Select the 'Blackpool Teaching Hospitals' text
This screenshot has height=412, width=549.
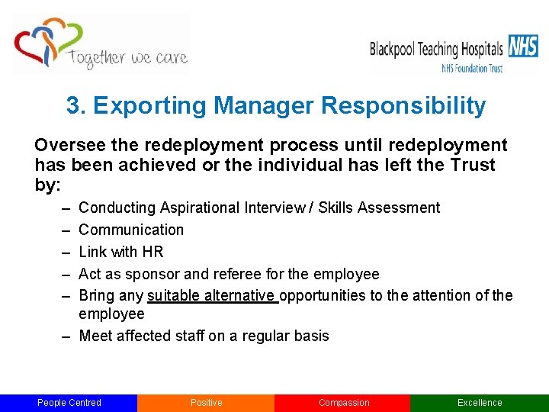pos(436,49)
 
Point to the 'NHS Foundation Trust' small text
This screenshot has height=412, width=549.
pos(472,68)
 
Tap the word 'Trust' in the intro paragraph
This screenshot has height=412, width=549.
pos(473,165)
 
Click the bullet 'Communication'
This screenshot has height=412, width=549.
pos(131,230)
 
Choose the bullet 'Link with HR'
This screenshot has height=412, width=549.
pos(121,252)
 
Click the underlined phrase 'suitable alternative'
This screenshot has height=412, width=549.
pos(212,295)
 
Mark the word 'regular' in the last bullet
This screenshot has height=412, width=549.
pos(268,336)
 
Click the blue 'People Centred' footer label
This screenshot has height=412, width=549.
pos(69,403)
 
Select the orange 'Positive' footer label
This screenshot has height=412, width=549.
pos(206,403)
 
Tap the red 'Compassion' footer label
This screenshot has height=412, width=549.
pos(343,403)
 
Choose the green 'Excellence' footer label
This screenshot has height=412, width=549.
pos(480,403)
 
